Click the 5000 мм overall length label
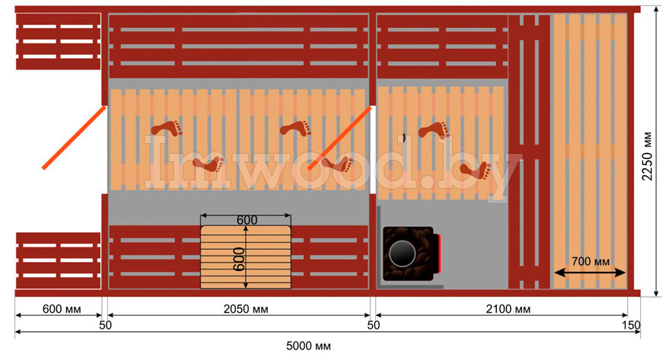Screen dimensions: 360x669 (x=308, y=347)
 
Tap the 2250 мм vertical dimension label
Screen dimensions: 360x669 (x=648, y=155)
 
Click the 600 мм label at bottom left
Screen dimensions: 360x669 (x=58, y=310)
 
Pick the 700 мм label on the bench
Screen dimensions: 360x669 (x=591, y=261)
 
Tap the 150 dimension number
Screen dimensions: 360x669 (x=631, y=325)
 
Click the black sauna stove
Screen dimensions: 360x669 (x=409, y=253)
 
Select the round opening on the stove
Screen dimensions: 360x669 (x=400, y=251)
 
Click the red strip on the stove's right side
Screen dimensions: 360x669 (x=440, y=253)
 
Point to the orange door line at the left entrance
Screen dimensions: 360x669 (x=74, y=138)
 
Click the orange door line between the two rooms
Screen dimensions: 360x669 (x=339, y=138)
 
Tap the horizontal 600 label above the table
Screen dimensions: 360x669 (x=247, y=220)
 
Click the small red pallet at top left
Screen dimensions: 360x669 (x=58, y=41)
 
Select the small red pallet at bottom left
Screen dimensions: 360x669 (x=58, y=260)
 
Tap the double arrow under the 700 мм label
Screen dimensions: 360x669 (x=590, y=272)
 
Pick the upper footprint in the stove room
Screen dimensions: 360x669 (x=434, y=131)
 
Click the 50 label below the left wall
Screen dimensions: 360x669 (x=105, y=325)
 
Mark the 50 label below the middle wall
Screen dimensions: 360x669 (x=373, y=325)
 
